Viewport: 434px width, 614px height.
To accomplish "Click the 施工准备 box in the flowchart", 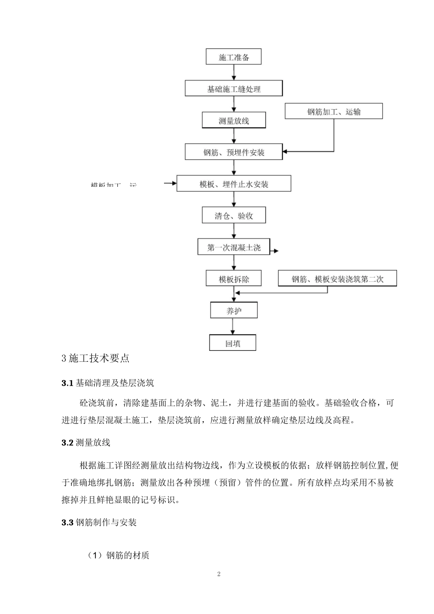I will click(x=233, y=57).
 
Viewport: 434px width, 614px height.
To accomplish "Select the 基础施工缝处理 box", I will click(x=233, y=89).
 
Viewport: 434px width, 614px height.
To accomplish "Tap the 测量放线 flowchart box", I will click(x=233, y=121).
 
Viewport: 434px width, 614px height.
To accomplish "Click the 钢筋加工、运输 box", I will click(x=333, y=111).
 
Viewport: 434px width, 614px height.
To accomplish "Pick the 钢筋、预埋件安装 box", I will click(x=233, y=152).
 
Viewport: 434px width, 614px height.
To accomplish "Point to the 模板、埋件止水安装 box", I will click(x=233, y=184).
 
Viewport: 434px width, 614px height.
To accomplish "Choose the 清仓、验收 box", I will click(x=233, y=216).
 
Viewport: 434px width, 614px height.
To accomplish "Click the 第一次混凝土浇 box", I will click(x=233, y=247).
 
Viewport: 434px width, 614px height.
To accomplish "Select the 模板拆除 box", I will click(x=233, y=279).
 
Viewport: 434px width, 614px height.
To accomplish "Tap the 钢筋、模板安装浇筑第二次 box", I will click(x=337, y=279).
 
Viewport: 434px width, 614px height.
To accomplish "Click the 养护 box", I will click(x=233, y=311).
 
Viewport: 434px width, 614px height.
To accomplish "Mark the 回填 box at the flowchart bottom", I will click(x=233, y=343).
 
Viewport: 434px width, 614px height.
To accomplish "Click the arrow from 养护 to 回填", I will click(x=233, y=327).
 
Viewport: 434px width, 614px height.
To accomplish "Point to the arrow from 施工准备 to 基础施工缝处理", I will click(x=234, y=72).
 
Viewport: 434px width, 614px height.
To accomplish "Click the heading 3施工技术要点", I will click(x=95, y=358).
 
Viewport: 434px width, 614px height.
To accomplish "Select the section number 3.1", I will click(x=67, y=383).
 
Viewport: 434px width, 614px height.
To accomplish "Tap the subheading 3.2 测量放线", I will click(x=86, y=443).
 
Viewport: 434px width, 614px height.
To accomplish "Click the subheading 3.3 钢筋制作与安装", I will click(x=99, y=522).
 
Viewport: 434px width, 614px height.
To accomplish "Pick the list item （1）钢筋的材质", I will click(x=118, y=556).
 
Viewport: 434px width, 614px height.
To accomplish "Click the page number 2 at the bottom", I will click(x=219, y=574).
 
